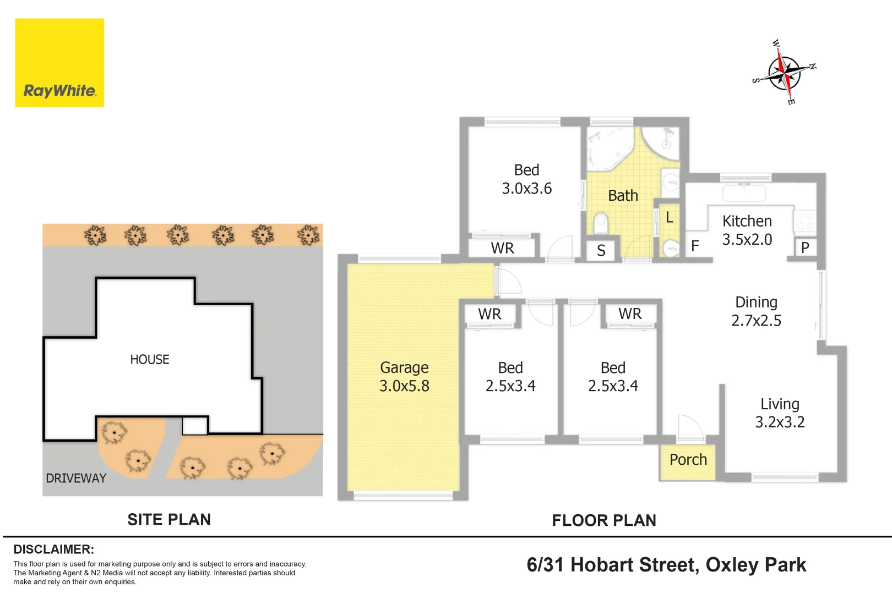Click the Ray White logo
(x=59, y=63)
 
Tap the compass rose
(x=784, y=73)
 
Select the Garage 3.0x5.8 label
(x=404, y=376)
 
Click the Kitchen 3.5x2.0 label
(x=747, y=230)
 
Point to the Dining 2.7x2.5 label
(x=756, y=311)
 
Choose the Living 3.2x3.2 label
(x=780, y=413)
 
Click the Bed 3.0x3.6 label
(x=526, y=179)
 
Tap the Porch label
(x=688, y=459)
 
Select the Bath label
(x=623, y=195)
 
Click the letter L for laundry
(x=670, y=217)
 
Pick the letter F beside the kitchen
(x=695, y=246)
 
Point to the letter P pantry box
(x=805, y=248)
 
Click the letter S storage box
(x=601, y=250)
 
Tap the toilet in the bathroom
(x=601, y=224)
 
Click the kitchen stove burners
(x=805, y=221)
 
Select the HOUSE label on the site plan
(x=150, y=360)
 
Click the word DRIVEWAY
(x=76, y=478)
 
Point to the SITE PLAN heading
(x=169, y=520)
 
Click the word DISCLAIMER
(x=54, y=549)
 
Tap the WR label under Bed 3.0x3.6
(x=503, y=248)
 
